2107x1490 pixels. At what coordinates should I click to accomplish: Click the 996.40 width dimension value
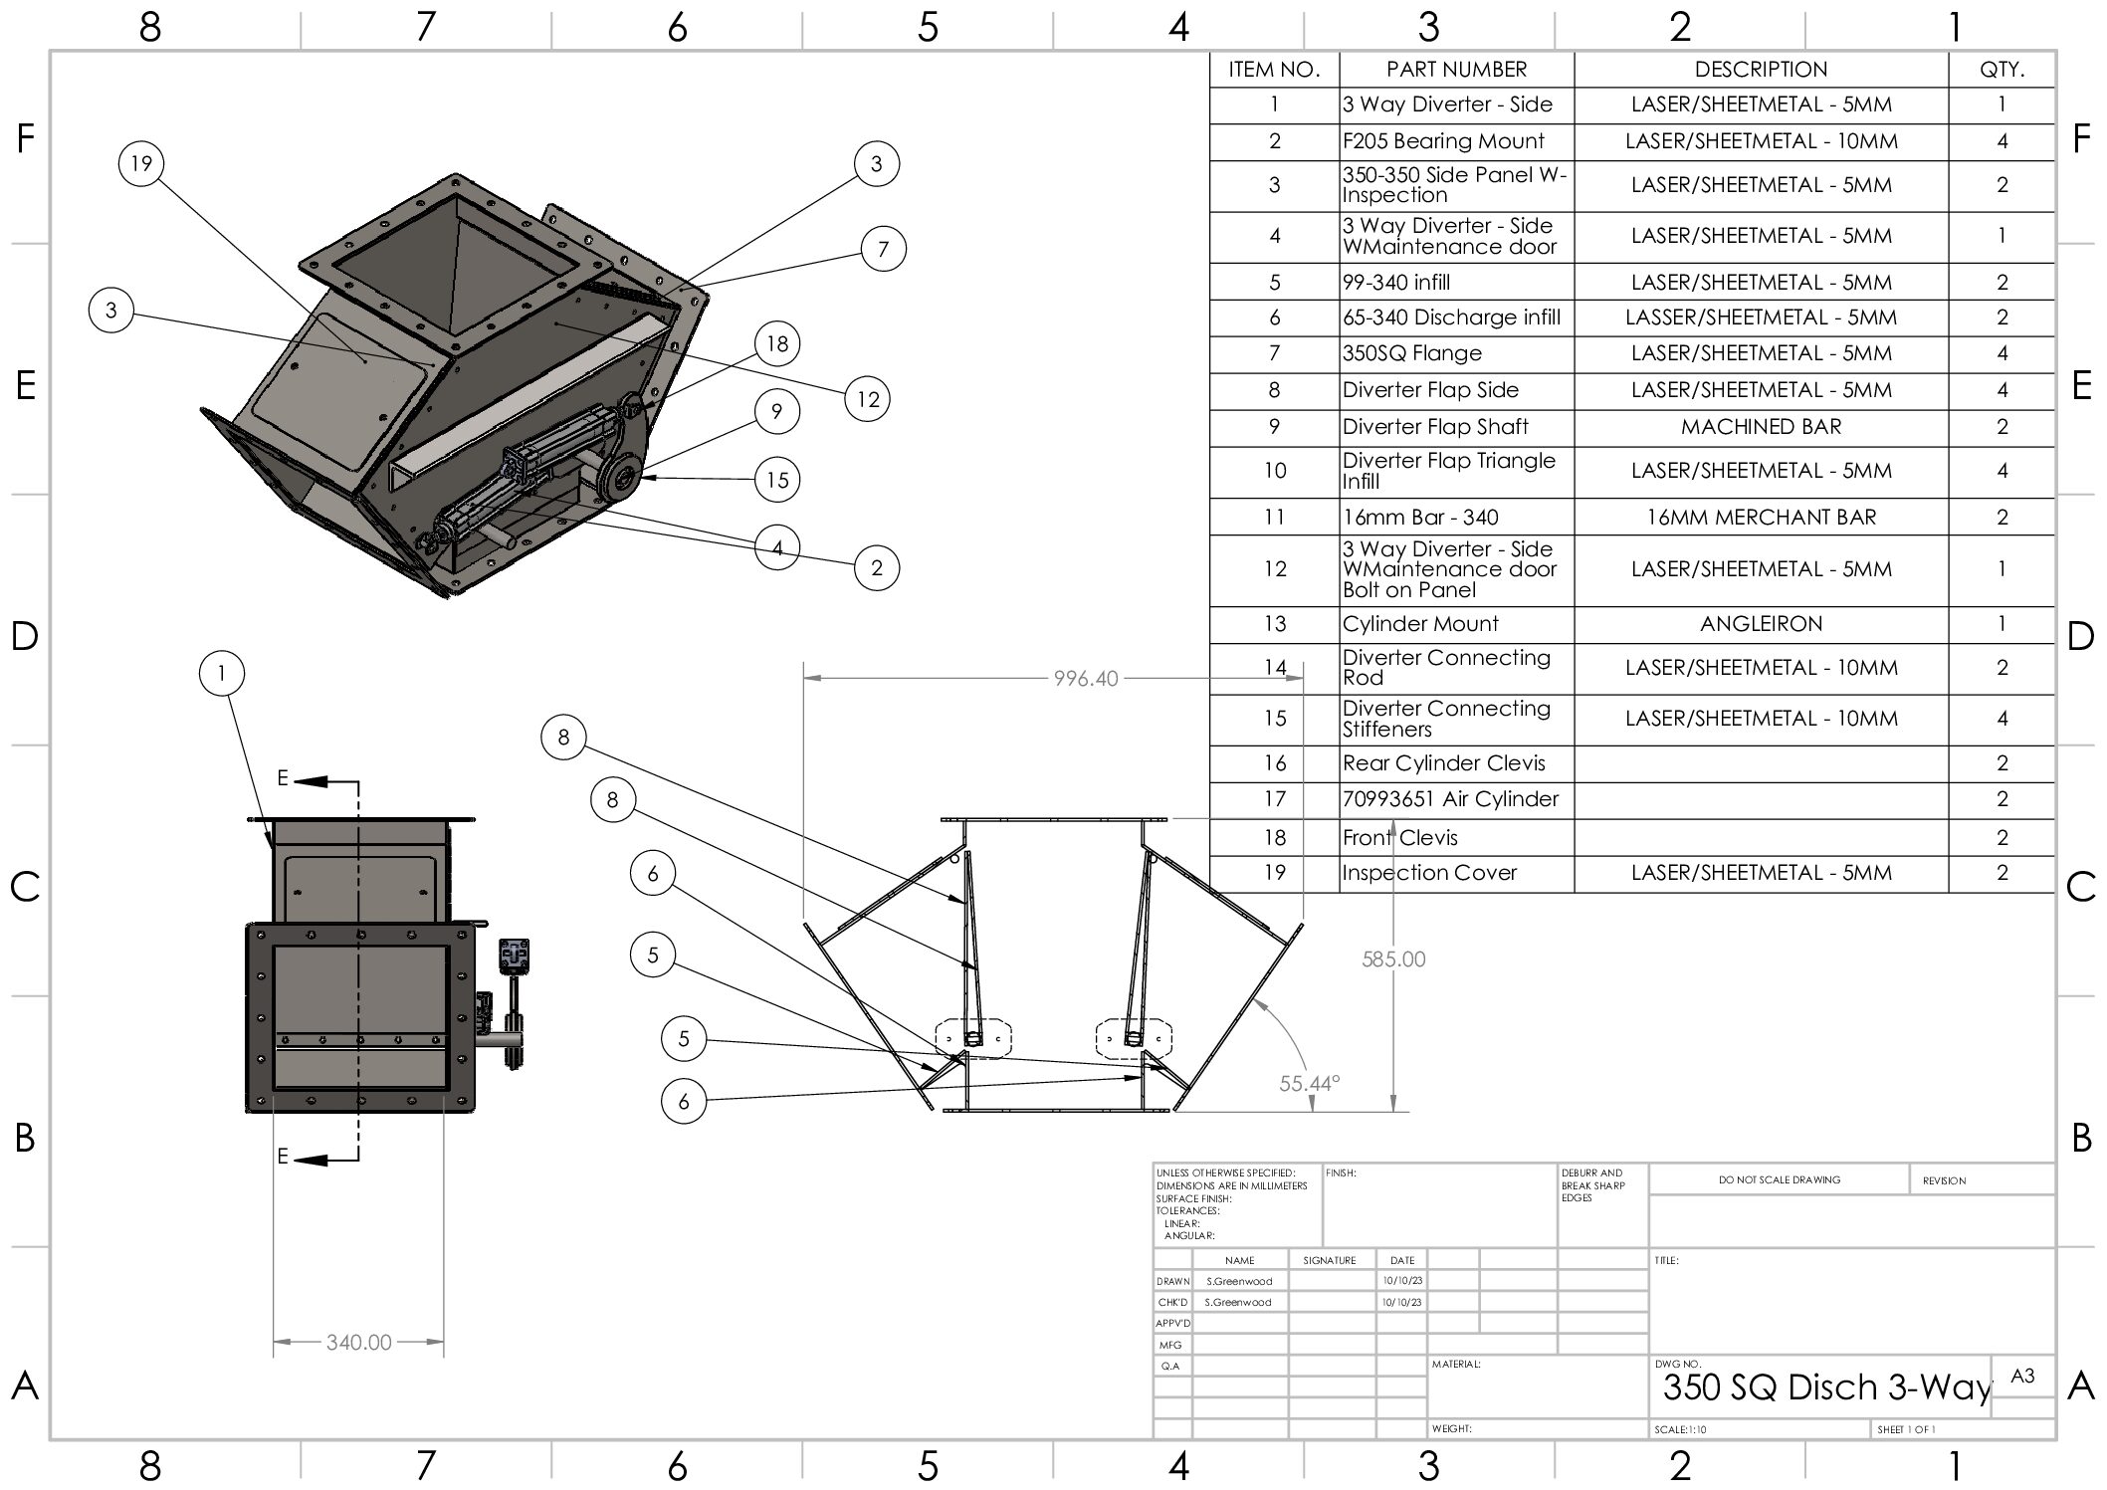(x=1086, y=679)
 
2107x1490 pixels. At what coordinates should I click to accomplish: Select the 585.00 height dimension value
(x=1393, y=959)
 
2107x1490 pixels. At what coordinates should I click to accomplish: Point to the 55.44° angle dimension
(x=1310, y=1083)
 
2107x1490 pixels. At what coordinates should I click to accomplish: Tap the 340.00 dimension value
(x=359, y=1343)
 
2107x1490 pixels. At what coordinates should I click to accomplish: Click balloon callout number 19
(x=141, y=163)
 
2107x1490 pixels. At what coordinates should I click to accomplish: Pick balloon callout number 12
(x=868, y=399)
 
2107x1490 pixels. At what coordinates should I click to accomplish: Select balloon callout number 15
(x=777, y=480)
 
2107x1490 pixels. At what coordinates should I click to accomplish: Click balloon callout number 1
(x=222, y=674)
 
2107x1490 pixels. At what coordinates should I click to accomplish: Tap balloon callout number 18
(x=777, y=344)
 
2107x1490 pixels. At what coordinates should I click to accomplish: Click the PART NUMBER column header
(x=1456, y=70)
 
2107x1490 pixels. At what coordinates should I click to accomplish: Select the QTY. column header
(x=2002, y=70)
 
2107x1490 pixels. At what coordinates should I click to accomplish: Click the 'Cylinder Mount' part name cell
(x=1420, y=624)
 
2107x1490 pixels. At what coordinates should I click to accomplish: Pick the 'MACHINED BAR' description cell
(x=1761, y=427)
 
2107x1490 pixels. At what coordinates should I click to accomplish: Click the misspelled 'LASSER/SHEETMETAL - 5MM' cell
(x=1761, y=318)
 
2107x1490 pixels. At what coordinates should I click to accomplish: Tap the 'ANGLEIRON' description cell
(x=1761, y=624)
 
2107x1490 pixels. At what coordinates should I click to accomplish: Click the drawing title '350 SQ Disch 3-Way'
(x=1826, y=1387)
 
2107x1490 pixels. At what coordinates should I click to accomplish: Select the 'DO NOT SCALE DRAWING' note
(x=1780, y=1180)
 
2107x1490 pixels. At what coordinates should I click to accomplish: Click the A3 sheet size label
(x=2022, y=1377)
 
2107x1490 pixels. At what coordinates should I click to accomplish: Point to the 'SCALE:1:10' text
(x=1680, y=1430)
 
